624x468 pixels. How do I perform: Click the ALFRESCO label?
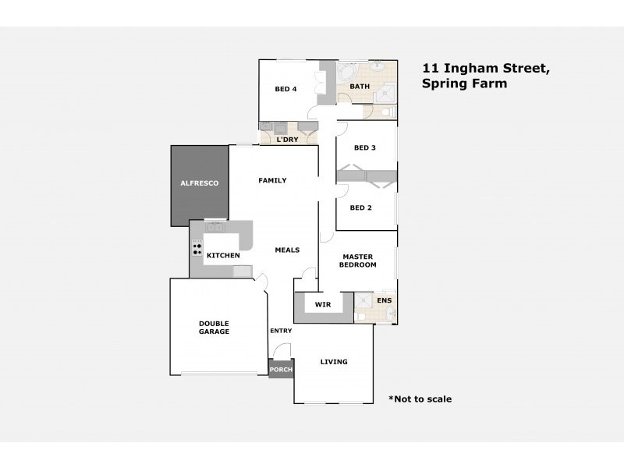pyautogui.click(x=200, y=183)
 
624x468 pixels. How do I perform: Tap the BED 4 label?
pyautogui.click(x=285, y=89)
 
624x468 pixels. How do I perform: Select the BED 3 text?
pyautogui.click(x=365, y=148)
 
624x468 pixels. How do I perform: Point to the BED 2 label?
pyautogui.click(x=360, y=207)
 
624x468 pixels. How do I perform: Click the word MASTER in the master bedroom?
pyautogui.click(x=357, y=257)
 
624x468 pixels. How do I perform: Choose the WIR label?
pyautogui.click(x=323, y=304)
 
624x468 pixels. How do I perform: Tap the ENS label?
pyautogui.click(x=385, y=300)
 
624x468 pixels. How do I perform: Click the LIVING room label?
pyautogui.click(x=333, y=362)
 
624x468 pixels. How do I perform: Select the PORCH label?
pyautogui.click(x=281, y=370)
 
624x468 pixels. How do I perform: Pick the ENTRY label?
pyautogui.click(x=281, y=331)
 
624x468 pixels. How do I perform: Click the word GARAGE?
pyautogui.click(x=214, y=332)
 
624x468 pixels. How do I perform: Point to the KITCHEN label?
pyautogui.click(x=223, y=256)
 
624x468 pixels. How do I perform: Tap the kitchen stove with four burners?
pyautogui.click(x=197, y=248)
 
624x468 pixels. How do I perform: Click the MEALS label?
pyautogui.click(x=287, y=250)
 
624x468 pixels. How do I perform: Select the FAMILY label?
pyautogui.click(x=272, y=180)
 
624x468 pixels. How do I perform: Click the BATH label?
pyautogui.click(x=360, y=87)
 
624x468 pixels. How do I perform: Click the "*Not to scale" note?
pyautogui.click(x=420, y=399)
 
